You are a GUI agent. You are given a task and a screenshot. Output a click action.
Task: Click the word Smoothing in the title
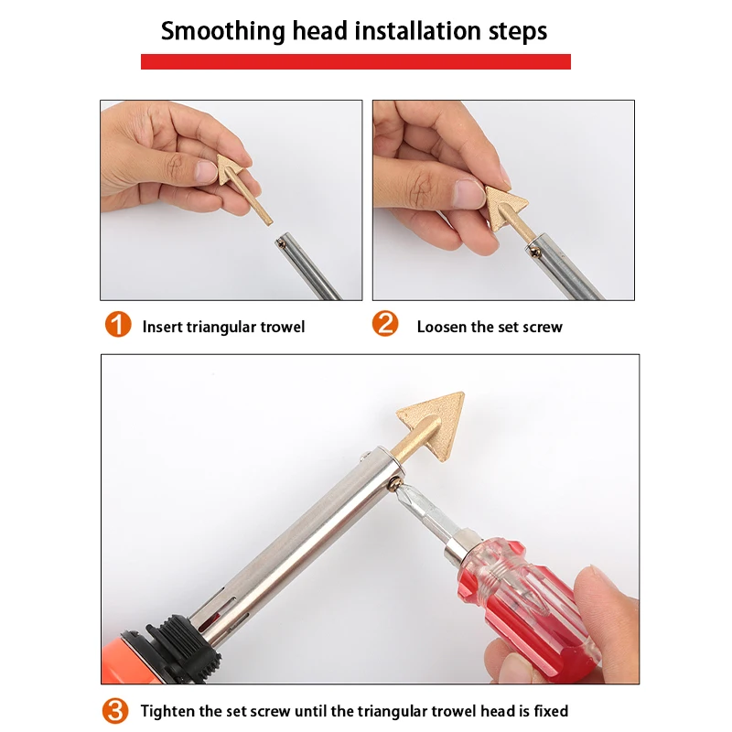(222, 31)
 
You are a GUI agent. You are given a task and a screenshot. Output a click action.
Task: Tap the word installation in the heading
(417, 31)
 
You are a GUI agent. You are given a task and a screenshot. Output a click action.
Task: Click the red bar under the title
(356, 61)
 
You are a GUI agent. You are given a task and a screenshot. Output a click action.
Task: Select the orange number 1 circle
(118, 324)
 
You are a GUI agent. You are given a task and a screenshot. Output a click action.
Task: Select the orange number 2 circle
(385, 324)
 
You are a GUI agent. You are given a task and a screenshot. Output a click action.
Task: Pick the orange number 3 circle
(115, 711)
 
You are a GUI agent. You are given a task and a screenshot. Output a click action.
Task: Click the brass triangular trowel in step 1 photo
(242, 185)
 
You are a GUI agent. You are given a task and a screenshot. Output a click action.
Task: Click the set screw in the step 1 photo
(281, 242)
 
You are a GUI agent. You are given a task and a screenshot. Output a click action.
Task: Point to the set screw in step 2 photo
(536, 253)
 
